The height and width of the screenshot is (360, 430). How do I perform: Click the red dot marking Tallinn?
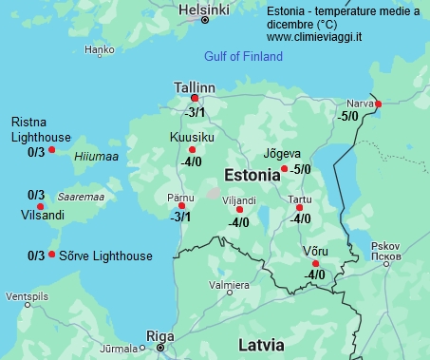[195, 98]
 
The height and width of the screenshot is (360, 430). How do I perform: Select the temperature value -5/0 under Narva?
[348, 116]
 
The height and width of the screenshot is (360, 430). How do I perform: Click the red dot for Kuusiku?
[192, 150]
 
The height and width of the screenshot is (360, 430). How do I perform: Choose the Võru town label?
[314, 250]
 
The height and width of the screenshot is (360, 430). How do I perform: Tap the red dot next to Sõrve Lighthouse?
[51, 255]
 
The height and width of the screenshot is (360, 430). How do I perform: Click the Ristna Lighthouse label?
[41, 129]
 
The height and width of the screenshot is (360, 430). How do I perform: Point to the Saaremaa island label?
[81, 197]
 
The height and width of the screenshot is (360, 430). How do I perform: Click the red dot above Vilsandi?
[40, 206]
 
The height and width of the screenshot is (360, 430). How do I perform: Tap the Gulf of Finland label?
[243, 57]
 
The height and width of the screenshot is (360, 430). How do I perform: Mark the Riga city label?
[159, 335]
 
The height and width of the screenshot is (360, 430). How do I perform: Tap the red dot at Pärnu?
[181, 205]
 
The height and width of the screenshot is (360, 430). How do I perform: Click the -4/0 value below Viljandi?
[238, 223]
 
